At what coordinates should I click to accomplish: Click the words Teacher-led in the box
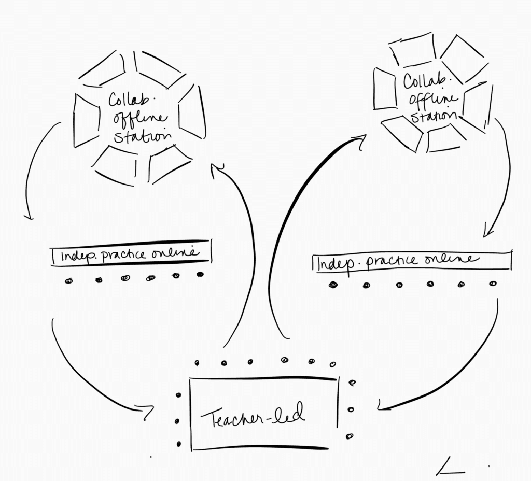(x=253, y=416)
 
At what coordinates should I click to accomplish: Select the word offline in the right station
(x=433, y=99)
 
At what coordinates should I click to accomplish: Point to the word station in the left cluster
(x=143, y=136)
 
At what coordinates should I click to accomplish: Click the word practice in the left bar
(x=123, y=255)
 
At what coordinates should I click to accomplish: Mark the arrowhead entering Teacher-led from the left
(x=146, y=412)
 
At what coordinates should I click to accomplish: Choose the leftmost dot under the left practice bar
(x=69, y=281)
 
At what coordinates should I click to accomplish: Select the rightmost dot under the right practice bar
(x=493, y=284)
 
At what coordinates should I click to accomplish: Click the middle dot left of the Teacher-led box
(x=177, y=421)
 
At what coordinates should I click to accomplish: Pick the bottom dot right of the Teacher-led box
(x=350, y=436)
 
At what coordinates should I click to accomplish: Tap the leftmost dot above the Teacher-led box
(x=197, y=363)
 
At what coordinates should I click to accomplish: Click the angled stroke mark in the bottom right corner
(x=450, y=466)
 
